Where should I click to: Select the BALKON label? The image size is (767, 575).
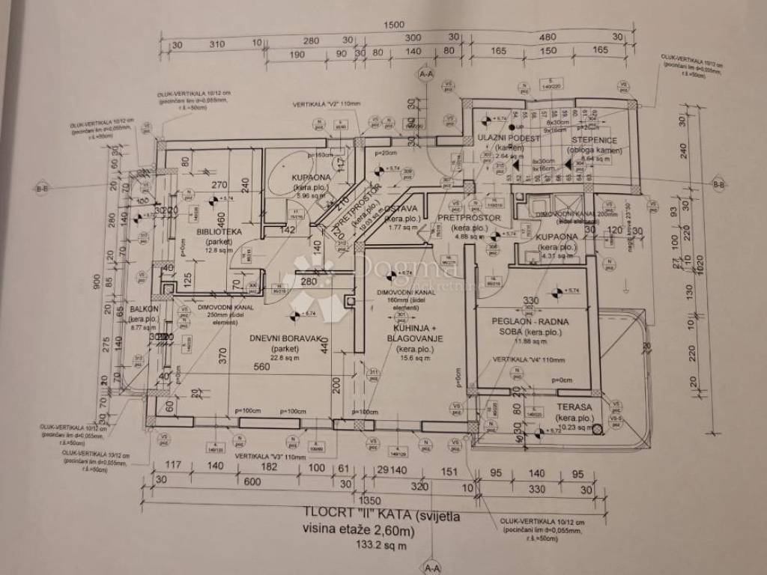[x=143, y=308]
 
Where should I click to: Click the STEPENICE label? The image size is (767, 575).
[x=593, y=140]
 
